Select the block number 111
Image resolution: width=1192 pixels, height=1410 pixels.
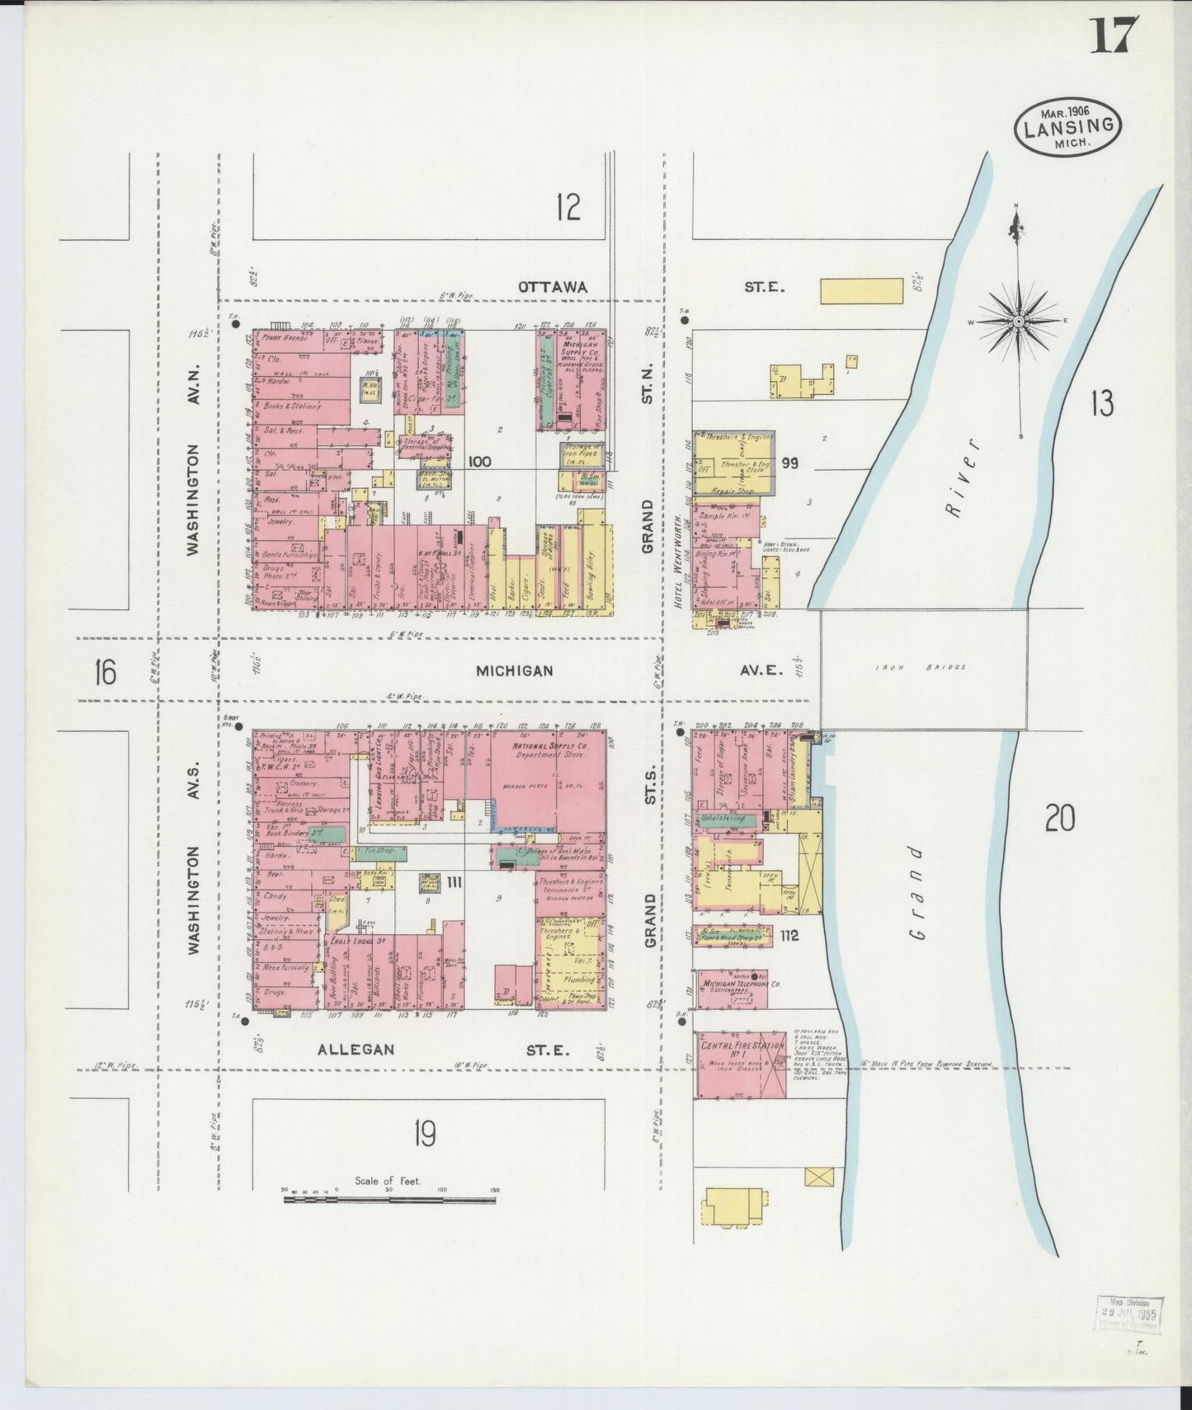click(453, 883)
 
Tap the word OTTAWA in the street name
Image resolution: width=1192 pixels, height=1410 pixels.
click(553, 287)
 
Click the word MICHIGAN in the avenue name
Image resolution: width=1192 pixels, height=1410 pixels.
click(514, 671)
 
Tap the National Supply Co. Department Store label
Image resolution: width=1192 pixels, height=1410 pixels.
click(537, 749)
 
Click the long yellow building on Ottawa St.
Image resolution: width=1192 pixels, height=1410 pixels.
click(861, 292)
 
